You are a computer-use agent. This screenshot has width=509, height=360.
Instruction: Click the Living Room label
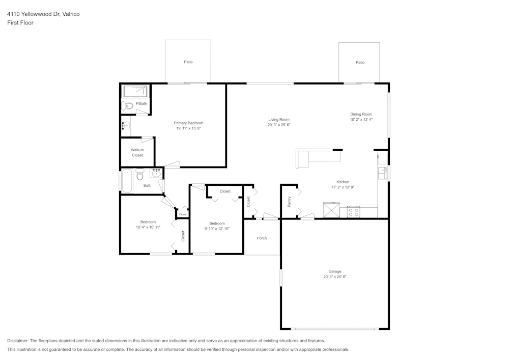coord(279,120)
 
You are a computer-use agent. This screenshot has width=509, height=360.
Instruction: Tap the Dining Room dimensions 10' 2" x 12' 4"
coord(361,120)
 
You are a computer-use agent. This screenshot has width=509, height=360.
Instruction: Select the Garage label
coord(335,271)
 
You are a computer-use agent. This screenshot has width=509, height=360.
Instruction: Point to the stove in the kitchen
coord(354,212)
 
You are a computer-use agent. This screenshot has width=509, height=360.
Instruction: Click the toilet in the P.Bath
coord(127,105)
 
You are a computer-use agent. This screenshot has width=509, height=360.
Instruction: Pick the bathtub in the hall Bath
coord(126,181)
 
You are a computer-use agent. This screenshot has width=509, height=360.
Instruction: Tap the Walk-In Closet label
coord(137,153)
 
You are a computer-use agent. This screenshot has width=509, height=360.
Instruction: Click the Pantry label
coord(289,202)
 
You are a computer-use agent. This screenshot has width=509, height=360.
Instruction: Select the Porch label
coord(262,238)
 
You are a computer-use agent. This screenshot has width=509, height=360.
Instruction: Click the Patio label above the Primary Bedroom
coord(188,62)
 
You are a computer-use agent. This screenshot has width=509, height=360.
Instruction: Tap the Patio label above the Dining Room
coord(360,62)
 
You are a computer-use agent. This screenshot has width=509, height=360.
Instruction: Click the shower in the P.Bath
coord(135,91)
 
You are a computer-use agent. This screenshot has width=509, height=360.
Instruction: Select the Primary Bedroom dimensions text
coord(189,128)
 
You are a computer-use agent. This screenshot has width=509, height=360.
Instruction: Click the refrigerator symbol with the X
coord(331,210)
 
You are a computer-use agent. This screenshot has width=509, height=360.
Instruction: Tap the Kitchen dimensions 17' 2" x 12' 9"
coord(343,187)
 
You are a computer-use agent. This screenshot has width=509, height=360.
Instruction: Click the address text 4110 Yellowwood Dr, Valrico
coord(43,14)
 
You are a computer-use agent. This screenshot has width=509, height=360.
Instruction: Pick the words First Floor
coord(20,23)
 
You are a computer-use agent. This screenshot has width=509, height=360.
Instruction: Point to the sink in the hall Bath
coord(157,173)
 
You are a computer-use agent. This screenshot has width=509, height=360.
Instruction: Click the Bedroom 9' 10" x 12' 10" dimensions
coord(217,229)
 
